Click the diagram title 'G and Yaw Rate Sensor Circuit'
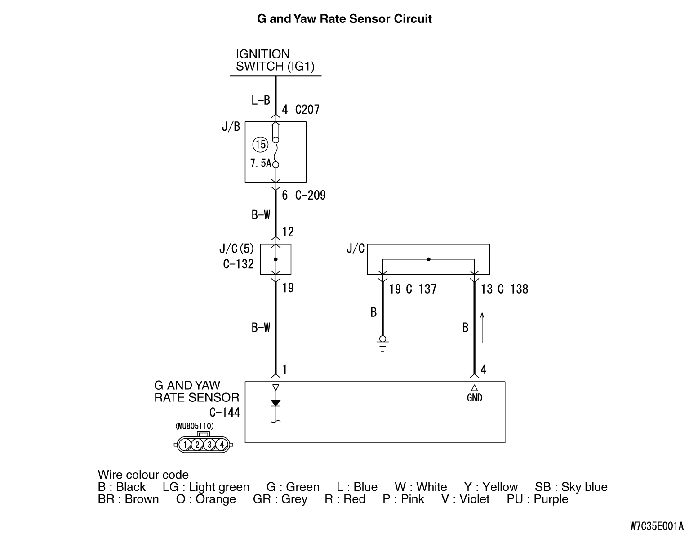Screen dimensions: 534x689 pyautogui.click(x=344, y=19)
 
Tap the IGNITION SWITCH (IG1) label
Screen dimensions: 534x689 pyautogui.click(x=275, y=60)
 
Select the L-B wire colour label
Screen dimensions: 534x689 pyautogui.click(x=261, y=100)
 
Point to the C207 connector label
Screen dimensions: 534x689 pyautogui.click(x=307, y=110)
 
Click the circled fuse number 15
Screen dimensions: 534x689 pyautogui.click(x=260, y=145)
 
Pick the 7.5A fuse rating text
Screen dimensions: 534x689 pyautogui.click(x=261, y=163)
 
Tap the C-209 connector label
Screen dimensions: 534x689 pyautogui.click(x=310, y=195)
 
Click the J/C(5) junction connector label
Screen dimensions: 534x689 pyautogui.click(x=236, y=249)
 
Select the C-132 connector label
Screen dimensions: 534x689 pyautogui.click(x=238, y=264)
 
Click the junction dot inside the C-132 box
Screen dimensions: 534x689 pyautogui.click(x=276, y=259)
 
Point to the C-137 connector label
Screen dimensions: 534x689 pyautogui.click(x=421, y=289)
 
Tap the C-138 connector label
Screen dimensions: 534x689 pyautogui.click(x=513, y=289)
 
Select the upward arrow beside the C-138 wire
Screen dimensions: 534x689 pyautogui.click(x=482, y=328)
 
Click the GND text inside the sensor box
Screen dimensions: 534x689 pyautogui.click(x=474, y=397)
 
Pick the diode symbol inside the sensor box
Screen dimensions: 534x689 pyautogui.click(x=276, y=403)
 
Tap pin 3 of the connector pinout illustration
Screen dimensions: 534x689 pyautogui.click(x=209, y=445)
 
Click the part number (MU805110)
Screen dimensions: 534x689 pyautogui.click(x=195, y=426)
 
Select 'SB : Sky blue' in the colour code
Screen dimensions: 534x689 pyautogui.click(x=571, y=487)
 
